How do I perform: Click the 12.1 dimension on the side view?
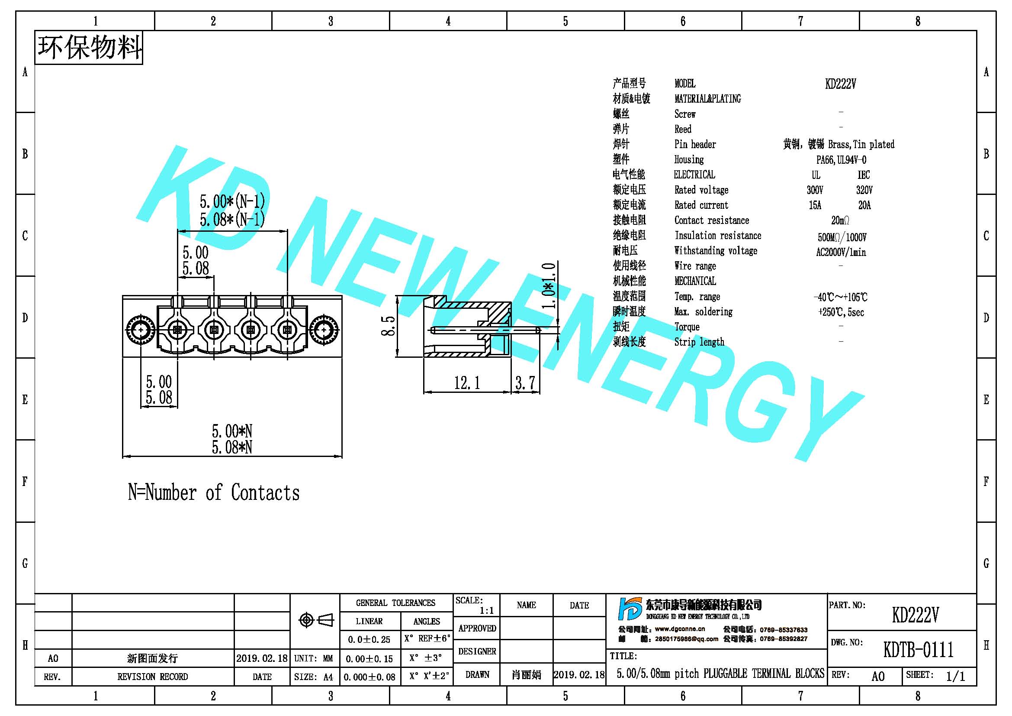[467, 382]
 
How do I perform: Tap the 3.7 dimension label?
[525, 382]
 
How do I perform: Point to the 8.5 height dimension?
[388, 326]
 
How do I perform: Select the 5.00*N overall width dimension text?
[232, 431]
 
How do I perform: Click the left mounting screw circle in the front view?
[140, 330]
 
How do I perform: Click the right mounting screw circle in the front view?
[324, 330]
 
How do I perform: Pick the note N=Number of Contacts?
[214, 492]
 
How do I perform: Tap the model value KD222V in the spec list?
[841, 84]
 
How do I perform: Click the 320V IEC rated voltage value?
[864, 190]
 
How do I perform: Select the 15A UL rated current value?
[815, 205]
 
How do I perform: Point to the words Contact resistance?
[711, 220]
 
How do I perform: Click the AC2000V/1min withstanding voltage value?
[841, 253]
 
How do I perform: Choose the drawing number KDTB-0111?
[918, 649]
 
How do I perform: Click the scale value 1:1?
[487, 611]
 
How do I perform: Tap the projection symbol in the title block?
[316, 620]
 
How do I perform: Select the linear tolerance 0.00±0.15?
[369, 659]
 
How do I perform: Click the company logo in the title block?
[630, 609]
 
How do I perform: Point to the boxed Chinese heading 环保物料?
[89, 48]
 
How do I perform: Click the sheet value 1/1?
[955, 676]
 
